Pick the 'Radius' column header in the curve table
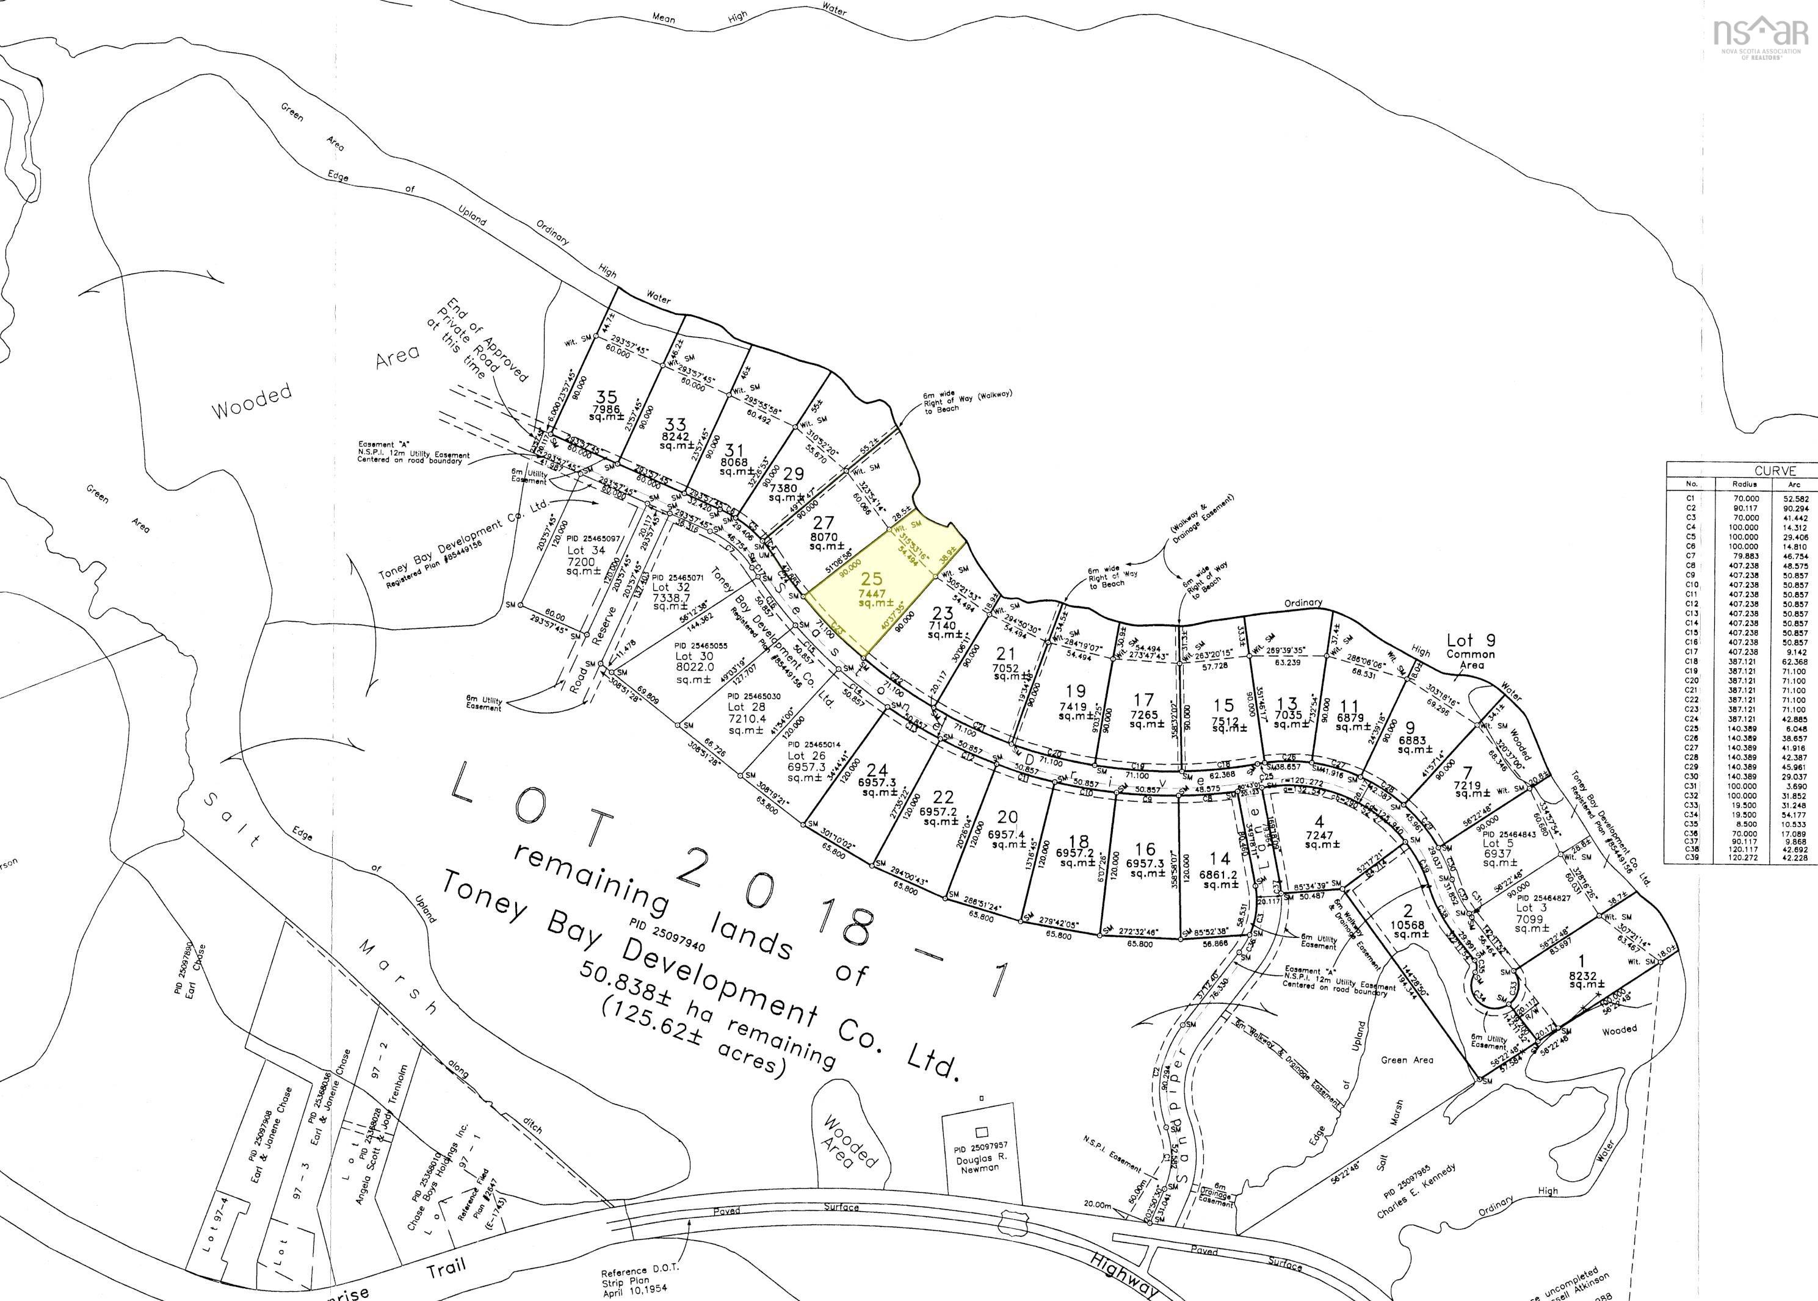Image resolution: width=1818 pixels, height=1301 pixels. coord(1744,485)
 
